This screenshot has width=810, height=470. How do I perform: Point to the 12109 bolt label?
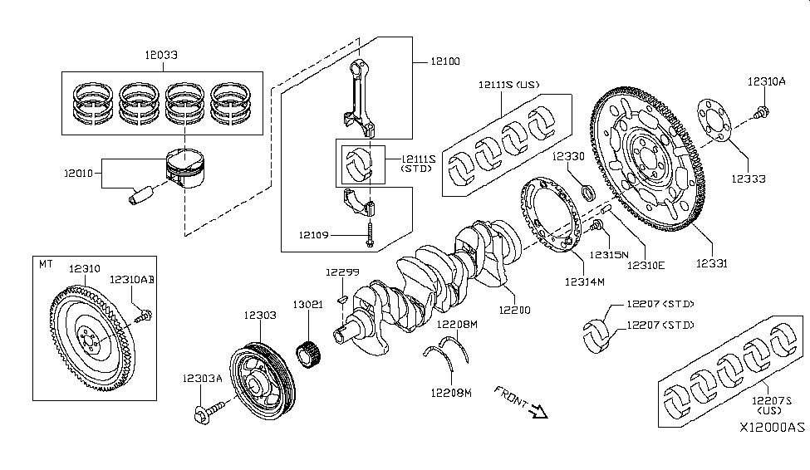(317, 236)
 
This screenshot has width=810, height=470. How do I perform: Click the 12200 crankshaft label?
(514, 310)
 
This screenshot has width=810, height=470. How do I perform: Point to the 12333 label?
(748, 179)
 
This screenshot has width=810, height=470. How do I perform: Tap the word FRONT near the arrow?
(510, 397)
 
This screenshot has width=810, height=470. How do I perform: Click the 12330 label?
(570, 156)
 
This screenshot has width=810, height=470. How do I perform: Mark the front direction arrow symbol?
(536, 409)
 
